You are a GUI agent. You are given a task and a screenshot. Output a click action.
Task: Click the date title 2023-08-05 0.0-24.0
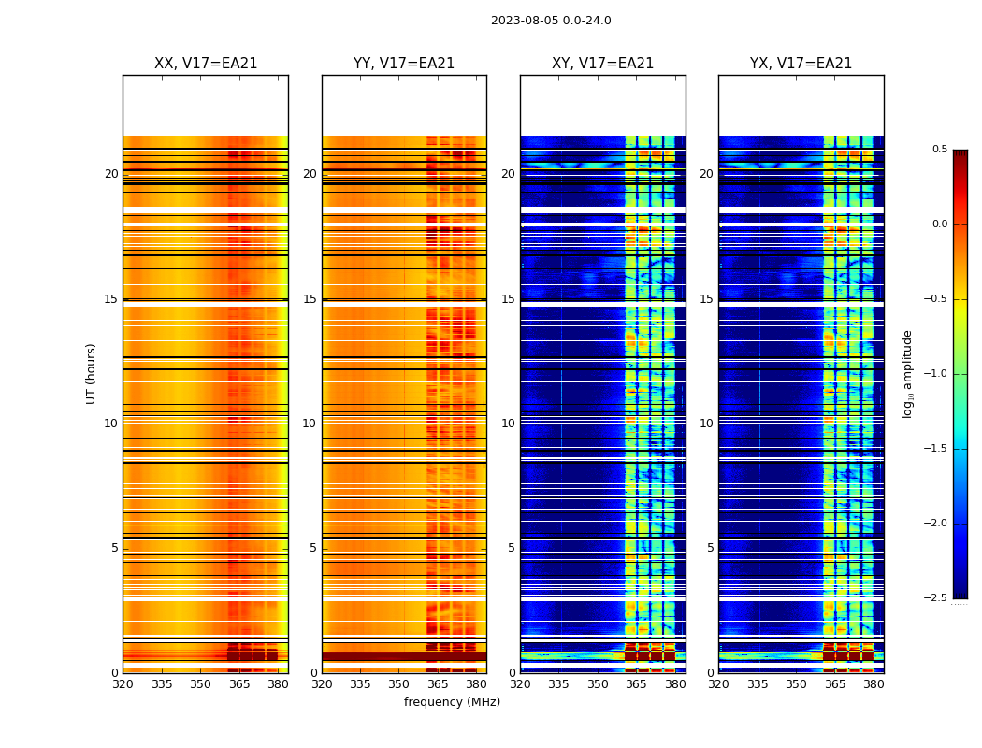point(551,21)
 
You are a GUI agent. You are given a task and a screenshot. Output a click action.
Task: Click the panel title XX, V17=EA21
point(206,64)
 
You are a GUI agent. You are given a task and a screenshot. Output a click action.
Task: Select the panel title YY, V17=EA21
point(404,64)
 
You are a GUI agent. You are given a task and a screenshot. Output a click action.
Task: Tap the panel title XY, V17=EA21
point(603,64)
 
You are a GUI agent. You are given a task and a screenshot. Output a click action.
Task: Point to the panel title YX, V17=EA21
point(801,64)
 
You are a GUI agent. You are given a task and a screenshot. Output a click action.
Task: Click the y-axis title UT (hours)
point(92,373)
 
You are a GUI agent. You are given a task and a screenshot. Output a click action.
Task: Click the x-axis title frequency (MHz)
point(452,702)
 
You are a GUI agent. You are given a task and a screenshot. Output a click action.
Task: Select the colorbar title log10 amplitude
point(908,374)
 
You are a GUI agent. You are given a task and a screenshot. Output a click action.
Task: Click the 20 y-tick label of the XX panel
point(111,174)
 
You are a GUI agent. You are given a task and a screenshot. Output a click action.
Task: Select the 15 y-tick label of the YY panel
point(310,299)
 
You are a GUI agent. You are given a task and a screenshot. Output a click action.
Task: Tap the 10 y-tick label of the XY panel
point(508,424)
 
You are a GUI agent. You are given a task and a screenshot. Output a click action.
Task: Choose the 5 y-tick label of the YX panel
point(710,548)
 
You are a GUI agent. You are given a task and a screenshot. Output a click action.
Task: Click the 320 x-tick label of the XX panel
point(123,684)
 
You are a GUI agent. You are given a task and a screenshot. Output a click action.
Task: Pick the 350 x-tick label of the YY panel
point(398,684)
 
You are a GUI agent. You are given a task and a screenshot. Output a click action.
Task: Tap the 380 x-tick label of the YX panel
point(874,684)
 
